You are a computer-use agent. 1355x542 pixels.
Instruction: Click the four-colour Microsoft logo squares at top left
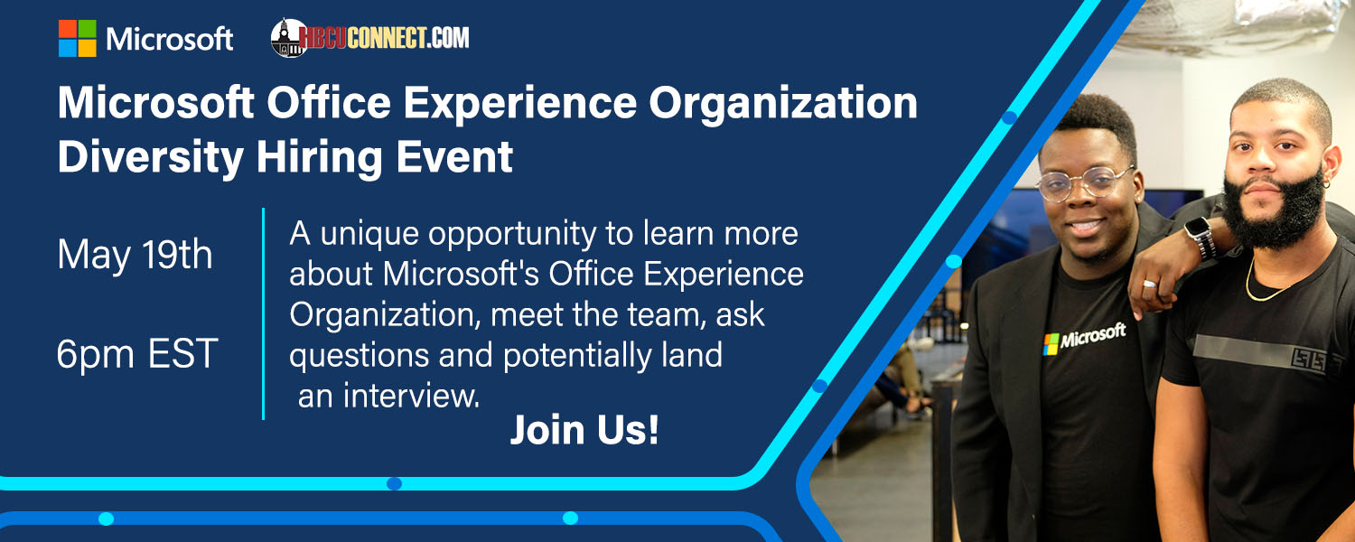click(x=78, y=38)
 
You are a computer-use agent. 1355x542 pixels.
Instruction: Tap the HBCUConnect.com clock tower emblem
click(x=288, y=38)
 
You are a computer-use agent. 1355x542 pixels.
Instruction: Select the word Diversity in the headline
click(x=151, y=157)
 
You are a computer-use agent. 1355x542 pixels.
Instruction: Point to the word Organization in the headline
click(x=783, y=104)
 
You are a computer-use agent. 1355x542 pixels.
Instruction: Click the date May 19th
click(x=135, y=255)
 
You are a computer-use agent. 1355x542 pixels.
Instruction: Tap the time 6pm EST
click(x=137, y=354)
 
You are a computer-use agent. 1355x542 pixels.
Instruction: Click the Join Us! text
click(x=584, y=430)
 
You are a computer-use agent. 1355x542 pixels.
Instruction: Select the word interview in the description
click(x=411, y=397)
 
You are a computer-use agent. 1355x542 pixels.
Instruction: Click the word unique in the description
click(x=369, y=235)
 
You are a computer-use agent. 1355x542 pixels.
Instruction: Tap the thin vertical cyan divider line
click(x=263, y=313)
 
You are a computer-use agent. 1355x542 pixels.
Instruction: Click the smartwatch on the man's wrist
click(x=1201, y=237)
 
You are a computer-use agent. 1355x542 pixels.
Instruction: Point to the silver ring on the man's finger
click(x=1149, y=284)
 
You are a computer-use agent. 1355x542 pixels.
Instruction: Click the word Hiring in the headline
click(x=320, y=157)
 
